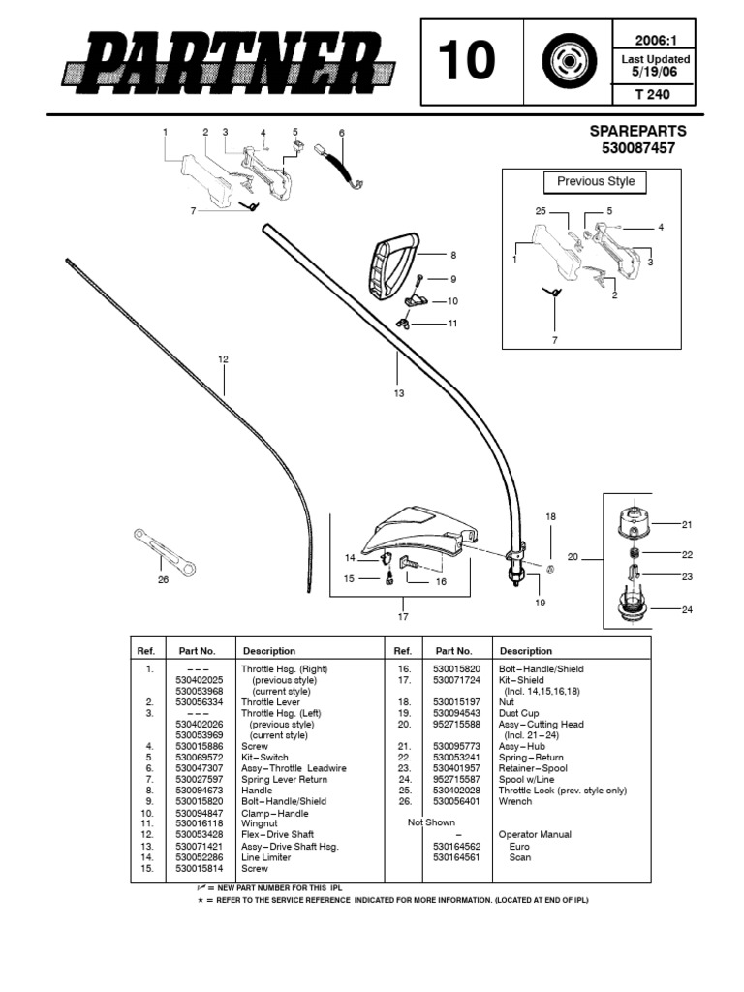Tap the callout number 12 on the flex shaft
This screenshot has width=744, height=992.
click(x=223, y=359)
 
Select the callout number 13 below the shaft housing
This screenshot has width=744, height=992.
click(x=398, y=393)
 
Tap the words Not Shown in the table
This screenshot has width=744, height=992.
click(x=431, y=822)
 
